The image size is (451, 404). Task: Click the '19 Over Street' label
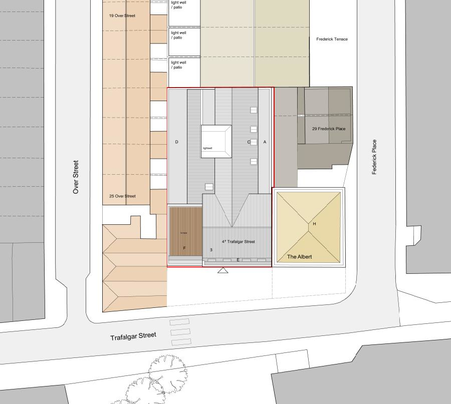point(122,16)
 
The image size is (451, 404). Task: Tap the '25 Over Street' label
point(122,196)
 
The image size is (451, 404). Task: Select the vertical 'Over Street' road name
point(76,177)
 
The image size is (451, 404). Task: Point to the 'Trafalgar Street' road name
point(133,336)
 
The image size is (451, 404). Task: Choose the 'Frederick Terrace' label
point(332,39)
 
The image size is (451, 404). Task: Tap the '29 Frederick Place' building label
point(329,129)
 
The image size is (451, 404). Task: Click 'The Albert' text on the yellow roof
point(299,257)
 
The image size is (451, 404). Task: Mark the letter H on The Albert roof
point(314,224)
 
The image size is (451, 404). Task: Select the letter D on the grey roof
point(177,142)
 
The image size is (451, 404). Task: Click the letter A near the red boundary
point(265,142)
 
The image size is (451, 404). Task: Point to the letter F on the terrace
point(184,248)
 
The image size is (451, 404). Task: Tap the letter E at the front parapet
point(238,260)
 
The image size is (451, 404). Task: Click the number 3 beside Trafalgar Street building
point(211,249)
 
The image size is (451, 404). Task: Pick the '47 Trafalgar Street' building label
point(238,242)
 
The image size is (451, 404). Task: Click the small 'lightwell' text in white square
point(208,149)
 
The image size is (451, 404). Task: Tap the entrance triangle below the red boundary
point(223,271)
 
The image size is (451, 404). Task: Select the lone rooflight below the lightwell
point(209,187)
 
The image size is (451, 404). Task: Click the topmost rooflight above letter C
point(254,110)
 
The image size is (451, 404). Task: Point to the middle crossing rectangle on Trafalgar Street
point(181,332)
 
